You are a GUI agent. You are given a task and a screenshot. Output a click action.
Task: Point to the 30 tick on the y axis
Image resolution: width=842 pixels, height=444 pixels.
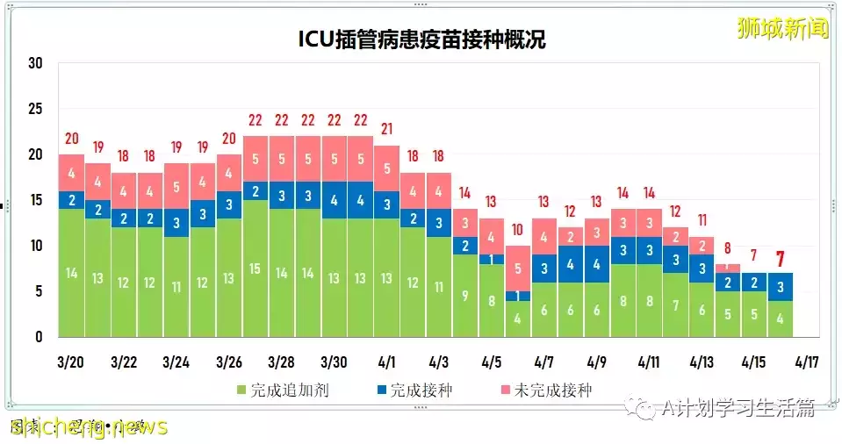click(x=35, y=63)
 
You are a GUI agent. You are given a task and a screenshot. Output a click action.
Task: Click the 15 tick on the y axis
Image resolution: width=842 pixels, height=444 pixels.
click(x=35, y=200)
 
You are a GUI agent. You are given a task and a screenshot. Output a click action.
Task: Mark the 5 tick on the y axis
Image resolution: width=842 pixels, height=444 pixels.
click(x=38, y=291)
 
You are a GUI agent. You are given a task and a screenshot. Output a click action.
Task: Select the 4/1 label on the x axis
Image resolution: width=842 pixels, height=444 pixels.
click(x=386, y=362)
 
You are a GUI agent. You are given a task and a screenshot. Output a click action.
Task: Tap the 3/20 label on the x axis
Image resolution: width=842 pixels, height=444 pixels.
click(x=71, y=362)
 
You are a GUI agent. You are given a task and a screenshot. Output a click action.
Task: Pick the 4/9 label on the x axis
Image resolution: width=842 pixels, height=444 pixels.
click(x=596, y=362)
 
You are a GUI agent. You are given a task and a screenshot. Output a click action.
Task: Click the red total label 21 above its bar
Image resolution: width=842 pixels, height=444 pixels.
click(x=387, y=130)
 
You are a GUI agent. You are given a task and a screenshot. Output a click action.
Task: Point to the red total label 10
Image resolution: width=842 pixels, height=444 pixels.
click(x=518, y=230)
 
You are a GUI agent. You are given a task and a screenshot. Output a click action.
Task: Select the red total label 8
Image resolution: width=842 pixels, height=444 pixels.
click(x=728, y=248)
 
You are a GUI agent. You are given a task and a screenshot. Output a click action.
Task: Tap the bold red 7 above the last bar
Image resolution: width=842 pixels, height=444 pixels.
click(x=780, y=259)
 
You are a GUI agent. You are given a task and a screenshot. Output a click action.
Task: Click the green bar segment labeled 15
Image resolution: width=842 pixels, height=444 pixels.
click(x=255, y=269)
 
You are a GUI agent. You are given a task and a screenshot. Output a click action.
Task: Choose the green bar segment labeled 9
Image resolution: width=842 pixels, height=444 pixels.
click(x=465, y=296)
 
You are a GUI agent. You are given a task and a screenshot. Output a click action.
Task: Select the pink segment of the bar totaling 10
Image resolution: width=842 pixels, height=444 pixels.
click(x=518, y=269)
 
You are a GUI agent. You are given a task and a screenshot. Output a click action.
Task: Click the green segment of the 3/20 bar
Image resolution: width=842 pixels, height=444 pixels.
click(x=72, y=273)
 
